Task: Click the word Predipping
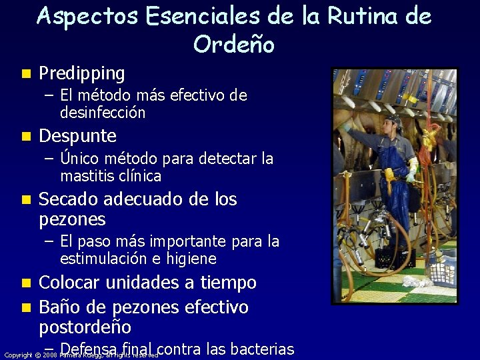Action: pos(82,73)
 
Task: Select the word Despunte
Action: pos(78,137)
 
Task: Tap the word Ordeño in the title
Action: pos(233,44)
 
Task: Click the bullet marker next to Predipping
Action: pos(25,73)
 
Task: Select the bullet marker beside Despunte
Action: pos(25,137)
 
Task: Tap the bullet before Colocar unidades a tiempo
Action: pos(25,283)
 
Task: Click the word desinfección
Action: pos(103,113)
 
